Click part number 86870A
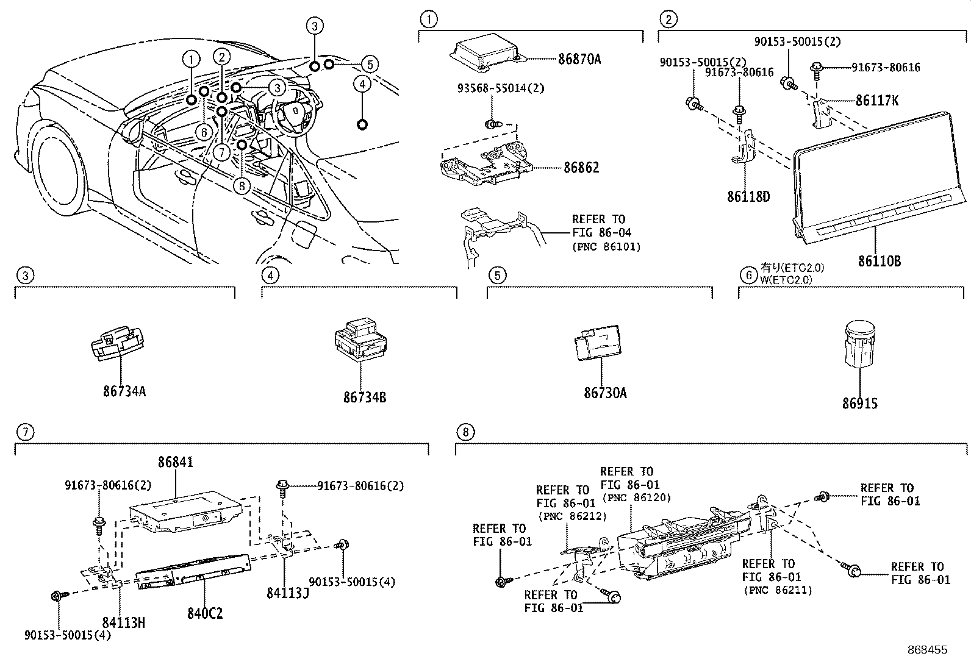point(579,59)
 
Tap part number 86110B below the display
point(879,261)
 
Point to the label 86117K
point(876,100)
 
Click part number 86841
point(176,462)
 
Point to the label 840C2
point(204,613)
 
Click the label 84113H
point(123,622)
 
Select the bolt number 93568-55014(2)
point(501,88)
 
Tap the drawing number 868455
point(926,650)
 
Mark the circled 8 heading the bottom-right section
point(465,432)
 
